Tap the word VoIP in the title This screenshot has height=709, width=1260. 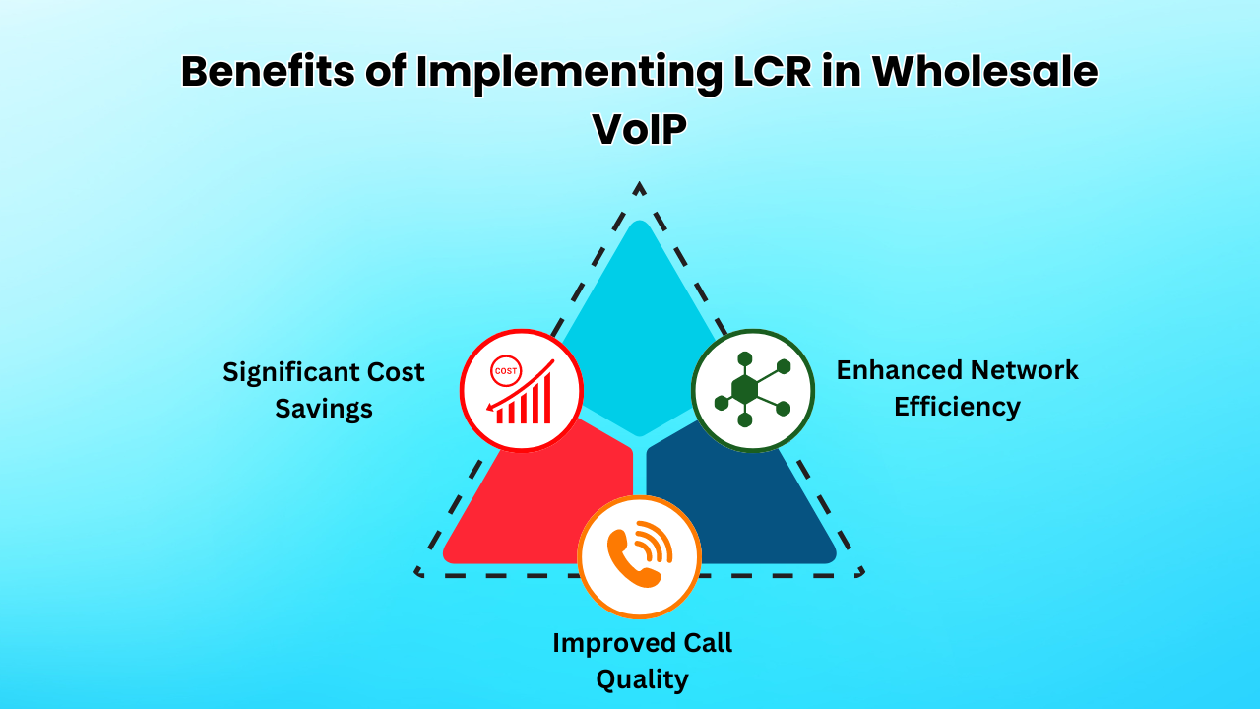pos(639,129)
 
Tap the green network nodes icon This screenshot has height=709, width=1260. pos(753,390)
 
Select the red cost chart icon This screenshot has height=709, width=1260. pos(522,391)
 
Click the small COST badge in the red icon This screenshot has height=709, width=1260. pos(506,371)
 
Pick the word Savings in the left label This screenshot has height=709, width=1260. pos(324,408)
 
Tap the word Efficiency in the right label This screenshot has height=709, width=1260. pos(957,406)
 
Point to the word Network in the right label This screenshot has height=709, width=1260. pos(1024,370)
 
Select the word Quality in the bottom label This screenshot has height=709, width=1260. pos(642,678)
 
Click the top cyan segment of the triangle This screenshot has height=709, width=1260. pos(639,315)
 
